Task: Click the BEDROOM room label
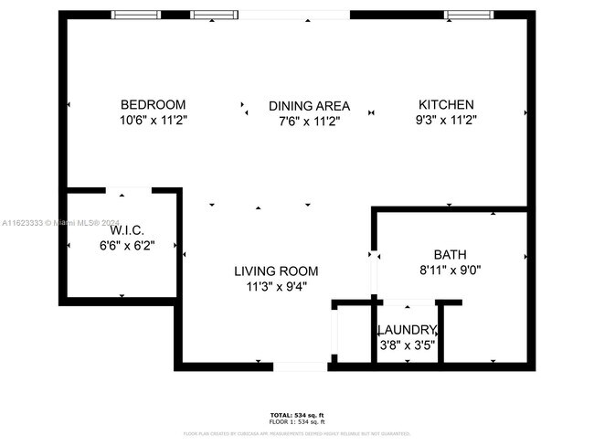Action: click(x=154, y=104)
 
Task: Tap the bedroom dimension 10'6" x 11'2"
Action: click(x=154, y=120)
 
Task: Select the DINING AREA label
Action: click(x=309, y=106)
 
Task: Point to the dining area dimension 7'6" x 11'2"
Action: click(x=309, y=121)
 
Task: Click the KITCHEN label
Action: click(x=446, y=104)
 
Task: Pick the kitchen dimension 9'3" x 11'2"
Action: click(x=446, y=120)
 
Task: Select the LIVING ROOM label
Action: click(x=276, y=271)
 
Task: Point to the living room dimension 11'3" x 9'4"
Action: click(x=276, y=285)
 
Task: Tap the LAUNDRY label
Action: click(x=408, y=330)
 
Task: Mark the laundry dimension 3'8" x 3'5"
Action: click(x=408, y=345)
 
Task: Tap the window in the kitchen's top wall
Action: click(x=463, y=15)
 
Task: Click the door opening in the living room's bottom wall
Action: click(x=301, y=366)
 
